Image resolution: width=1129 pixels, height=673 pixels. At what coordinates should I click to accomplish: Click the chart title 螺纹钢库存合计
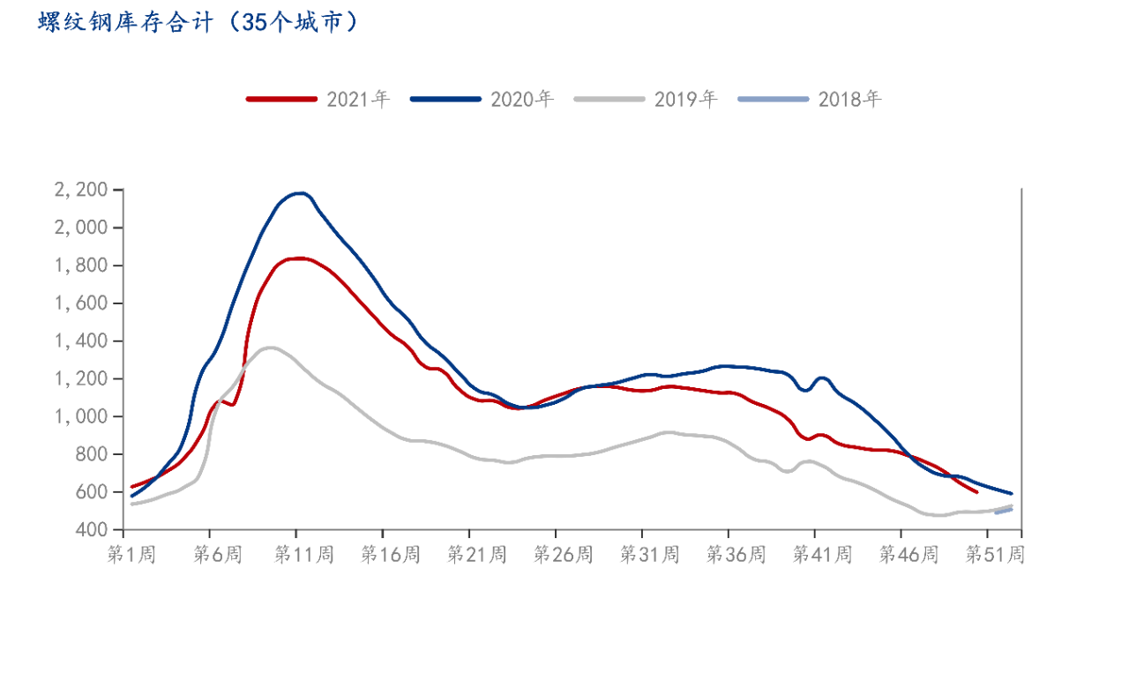(x=198, y=23)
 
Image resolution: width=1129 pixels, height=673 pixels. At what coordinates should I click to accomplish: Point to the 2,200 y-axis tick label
(x=82, y=191)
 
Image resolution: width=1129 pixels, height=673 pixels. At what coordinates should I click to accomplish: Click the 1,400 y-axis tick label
(x=82, y=341)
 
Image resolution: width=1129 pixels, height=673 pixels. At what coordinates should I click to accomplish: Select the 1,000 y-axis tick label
(x=82, y=416)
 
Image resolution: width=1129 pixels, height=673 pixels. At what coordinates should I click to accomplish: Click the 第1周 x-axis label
(x=131, y=555)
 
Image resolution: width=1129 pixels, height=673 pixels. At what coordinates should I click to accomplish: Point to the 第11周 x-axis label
(x=303, y=555)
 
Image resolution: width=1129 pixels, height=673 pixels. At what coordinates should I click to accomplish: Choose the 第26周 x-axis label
(x=563, y=555)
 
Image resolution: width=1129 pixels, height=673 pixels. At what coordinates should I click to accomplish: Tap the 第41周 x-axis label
(x=822, y=555)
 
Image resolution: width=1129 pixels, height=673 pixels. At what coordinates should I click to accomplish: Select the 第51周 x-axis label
(x=995, y=555)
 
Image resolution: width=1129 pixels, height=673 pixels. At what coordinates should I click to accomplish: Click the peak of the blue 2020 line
(x=301, y=192)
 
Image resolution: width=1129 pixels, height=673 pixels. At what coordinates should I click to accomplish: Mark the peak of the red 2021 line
(x=299, y=258)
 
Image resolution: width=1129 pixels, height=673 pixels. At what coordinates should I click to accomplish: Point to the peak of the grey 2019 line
(x=270, y=348)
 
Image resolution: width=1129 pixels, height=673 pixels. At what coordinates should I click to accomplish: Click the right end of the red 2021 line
(x=975, y=492)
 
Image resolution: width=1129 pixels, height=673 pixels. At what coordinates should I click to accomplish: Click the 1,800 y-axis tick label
(x=82, y=265)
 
